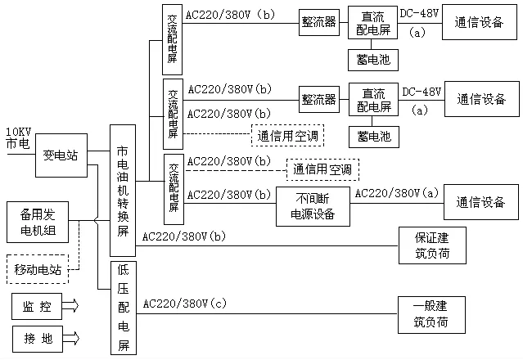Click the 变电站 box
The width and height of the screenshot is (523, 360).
point(61,155)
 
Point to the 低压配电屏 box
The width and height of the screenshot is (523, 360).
point(123,307)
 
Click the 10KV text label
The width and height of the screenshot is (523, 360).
point(19,132)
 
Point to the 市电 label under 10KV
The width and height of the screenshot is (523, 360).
point(18,143)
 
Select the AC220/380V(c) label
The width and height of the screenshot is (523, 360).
point(184,304)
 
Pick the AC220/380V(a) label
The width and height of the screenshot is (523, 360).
point(395,194)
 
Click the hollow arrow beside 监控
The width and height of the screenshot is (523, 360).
point(71,308)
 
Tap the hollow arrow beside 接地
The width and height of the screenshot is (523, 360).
point(71,337)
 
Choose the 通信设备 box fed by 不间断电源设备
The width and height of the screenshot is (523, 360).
point(481,203)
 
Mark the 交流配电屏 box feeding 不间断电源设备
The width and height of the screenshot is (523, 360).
point(174,189)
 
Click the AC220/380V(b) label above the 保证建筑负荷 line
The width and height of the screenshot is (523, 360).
point(184,236)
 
